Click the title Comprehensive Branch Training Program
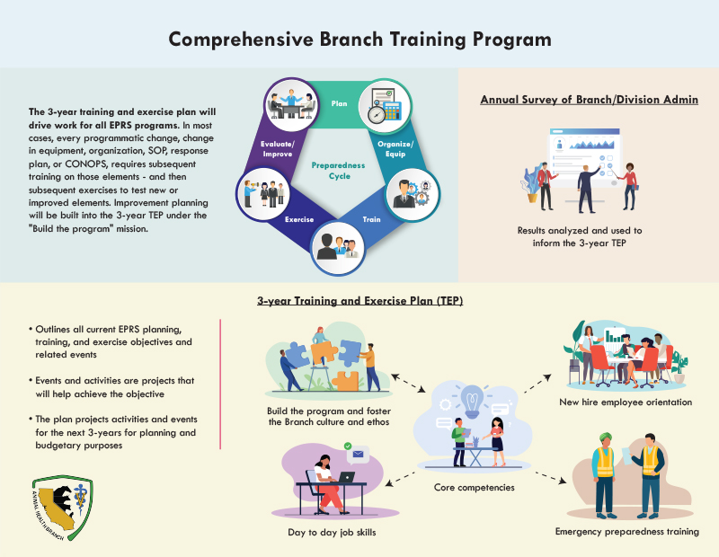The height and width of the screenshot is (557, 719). (359, 40)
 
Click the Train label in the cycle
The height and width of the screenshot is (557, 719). (370, 218)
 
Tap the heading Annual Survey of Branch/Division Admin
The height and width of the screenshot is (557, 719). (588, 99)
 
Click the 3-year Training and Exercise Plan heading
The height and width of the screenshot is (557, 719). (359, 302)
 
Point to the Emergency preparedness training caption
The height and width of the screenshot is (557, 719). (626, 531)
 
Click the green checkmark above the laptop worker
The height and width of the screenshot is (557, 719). (346, 446)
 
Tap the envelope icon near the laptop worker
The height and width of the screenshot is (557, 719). (359, 455)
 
